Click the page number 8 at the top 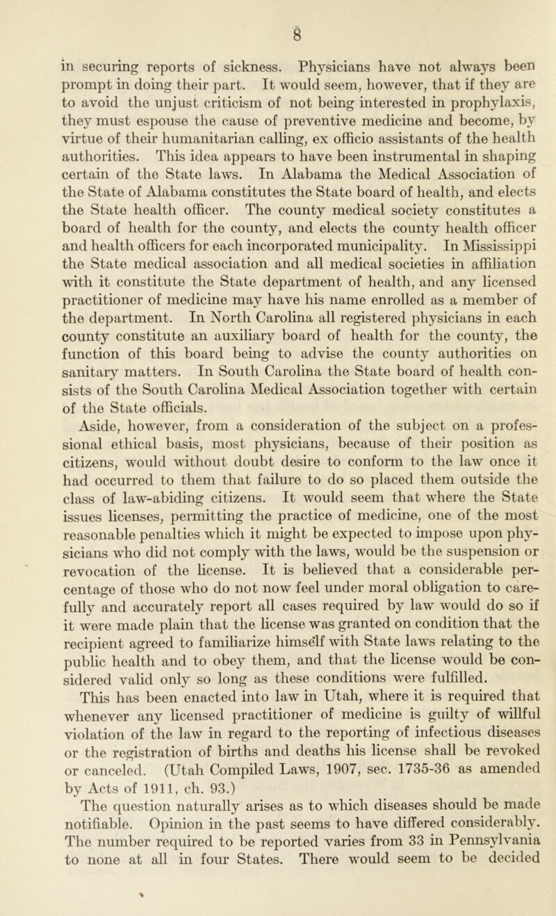pyautogui.click(x=278, y=11)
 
